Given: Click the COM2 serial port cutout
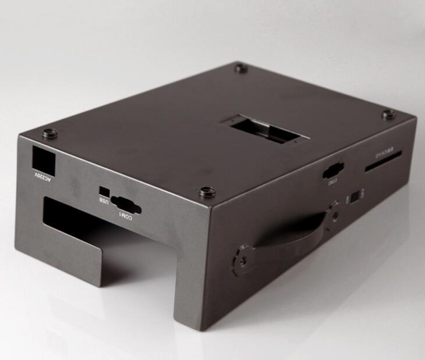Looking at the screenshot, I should click(x=333, y=170).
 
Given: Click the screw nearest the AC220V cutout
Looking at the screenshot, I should click(x=49, y=133).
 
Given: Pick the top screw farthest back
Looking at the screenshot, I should click(x=241, y=69).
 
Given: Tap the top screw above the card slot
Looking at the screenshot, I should click(x=388, y=115).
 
